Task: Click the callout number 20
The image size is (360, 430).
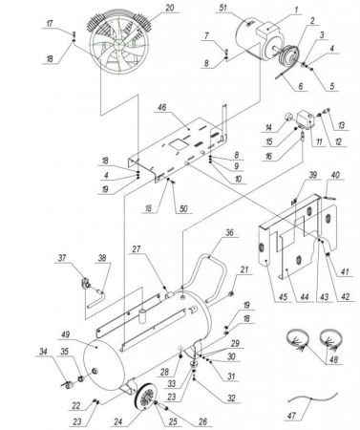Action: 170,9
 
